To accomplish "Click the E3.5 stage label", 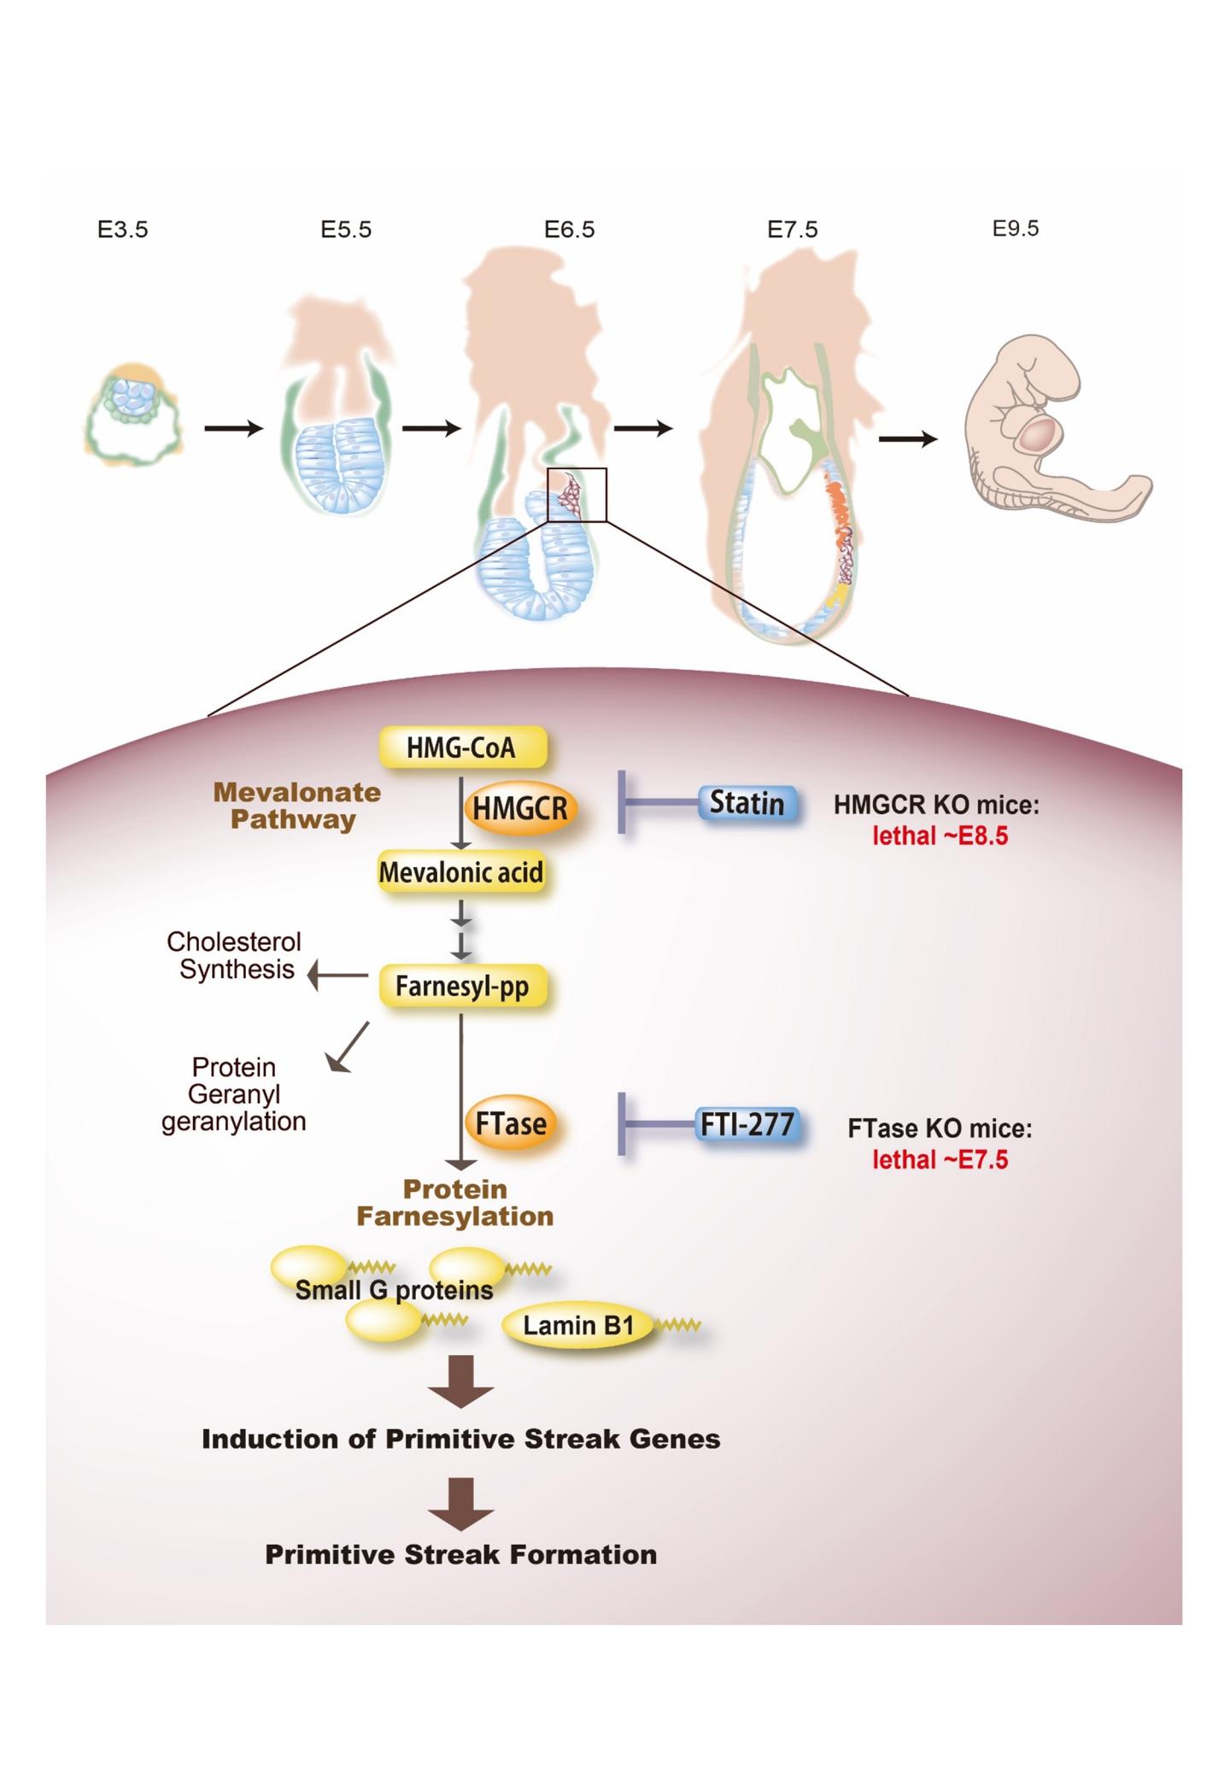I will [x=122, y=230].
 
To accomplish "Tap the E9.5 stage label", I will [x=1016, y=228].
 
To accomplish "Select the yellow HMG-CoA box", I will [x=461, y=748].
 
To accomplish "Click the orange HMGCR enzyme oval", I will [x=520, y=807].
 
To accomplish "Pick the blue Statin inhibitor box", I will [x=747, y=803].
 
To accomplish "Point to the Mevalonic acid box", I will [x=461, y=872].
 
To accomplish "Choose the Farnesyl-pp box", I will [x=461, y=987].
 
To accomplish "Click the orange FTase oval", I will [x=511, y=1123].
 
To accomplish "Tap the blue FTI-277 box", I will [x=748, y=1123].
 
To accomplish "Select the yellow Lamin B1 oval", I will [x=578, y=1326].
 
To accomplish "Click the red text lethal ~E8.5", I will [x=940, y=835].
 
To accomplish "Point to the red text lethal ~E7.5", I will [x=940, y=1159].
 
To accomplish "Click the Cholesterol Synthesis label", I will [x=235, y=955].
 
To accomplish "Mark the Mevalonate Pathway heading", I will [x=297, y=806].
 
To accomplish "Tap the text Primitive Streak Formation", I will [x=461, y=1554].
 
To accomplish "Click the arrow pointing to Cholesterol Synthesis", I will [x=337, y=975].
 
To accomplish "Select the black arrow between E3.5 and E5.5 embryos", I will [x=234, y=428].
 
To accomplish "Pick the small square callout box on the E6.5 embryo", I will [x=577, y=495].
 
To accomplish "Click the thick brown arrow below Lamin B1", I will [x=461, y=1381].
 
